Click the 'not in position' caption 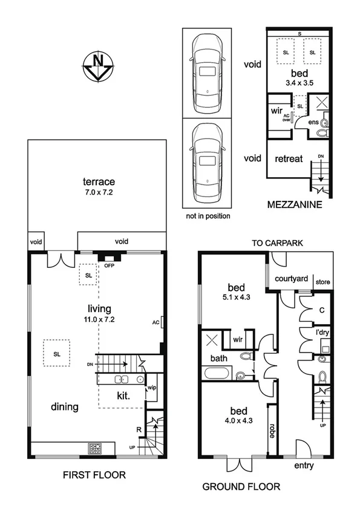point(207,215)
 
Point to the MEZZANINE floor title point(295,206)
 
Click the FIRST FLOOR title point(94,475)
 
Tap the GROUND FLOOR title point(240,486)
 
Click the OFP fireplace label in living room point(110,265)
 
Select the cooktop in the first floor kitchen point(96,449)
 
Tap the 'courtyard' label point(292,279)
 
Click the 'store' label point(323,280)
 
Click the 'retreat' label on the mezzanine point(289,160)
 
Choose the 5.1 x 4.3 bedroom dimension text point(234,297)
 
